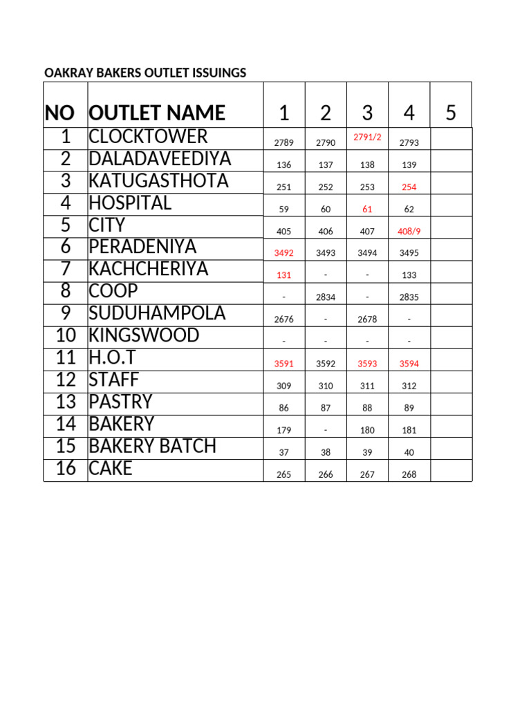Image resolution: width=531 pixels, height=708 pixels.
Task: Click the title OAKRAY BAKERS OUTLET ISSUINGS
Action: (x=145, y=73)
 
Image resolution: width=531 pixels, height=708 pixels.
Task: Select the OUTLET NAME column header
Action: (x=157, y=113)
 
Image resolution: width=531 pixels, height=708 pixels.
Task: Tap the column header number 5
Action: (x=451, y=113)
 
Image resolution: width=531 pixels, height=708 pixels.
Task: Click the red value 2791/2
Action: (x=367, y=137)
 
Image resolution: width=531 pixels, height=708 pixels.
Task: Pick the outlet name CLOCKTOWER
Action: (x=148, y=136)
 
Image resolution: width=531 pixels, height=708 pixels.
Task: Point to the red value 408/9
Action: (x=409, y=231)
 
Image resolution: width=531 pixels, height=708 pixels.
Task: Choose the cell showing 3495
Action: (x=409, y=253)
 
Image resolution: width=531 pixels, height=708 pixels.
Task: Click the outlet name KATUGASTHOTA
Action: (x=158, y=180)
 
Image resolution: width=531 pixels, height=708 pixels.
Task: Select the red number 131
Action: (x=283, y=275)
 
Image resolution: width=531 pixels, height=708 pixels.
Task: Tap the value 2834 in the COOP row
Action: (x=326, y=297)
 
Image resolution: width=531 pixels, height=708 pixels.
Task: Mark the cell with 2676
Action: (x=283, y=319)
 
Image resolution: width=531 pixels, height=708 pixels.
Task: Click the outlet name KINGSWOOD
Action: (x=144, y=335)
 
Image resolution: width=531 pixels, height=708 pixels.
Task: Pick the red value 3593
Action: (x=367, y=364)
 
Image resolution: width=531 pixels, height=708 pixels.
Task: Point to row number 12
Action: (x=66, y=380)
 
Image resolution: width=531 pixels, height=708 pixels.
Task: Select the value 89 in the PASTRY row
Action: (x=409, y=408)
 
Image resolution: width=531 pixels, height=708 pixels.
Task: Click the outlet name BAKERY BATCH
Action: (x=152, y=446)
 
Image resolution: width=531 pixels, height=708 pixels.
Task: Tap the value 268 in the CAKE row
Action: (x=409, y=474)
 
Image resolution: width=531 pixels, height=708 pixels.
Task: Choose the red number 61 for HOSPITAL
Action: (x=367, y=209)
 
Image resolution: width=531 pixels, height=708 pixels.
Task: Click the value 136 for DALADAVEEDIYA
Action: (x=283, y=165)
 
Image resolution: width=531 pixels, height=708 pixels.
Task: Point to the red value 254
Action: (x=409, y=187)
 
